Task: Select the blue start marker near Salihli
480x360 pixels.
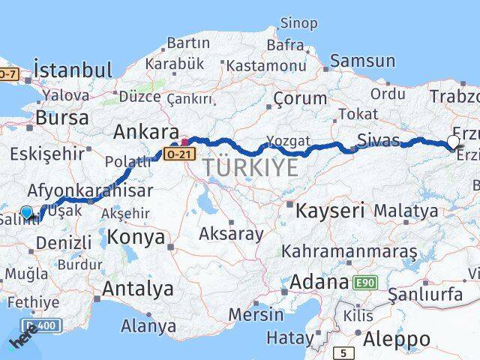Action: tap(27, 213)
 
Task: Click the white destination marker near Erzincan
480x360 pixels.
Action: tap(453, 141)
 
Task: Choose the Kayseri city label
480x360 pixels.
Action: tap(330, 211)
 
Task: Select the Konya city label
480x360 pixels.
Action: tap(136, 238)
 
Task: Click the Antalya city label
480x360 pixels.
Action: tap(137, 288)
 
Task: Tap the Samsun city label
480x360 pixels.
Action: tap(362, 61)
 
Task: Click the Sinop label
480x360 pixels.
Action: tap(298, 23)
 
